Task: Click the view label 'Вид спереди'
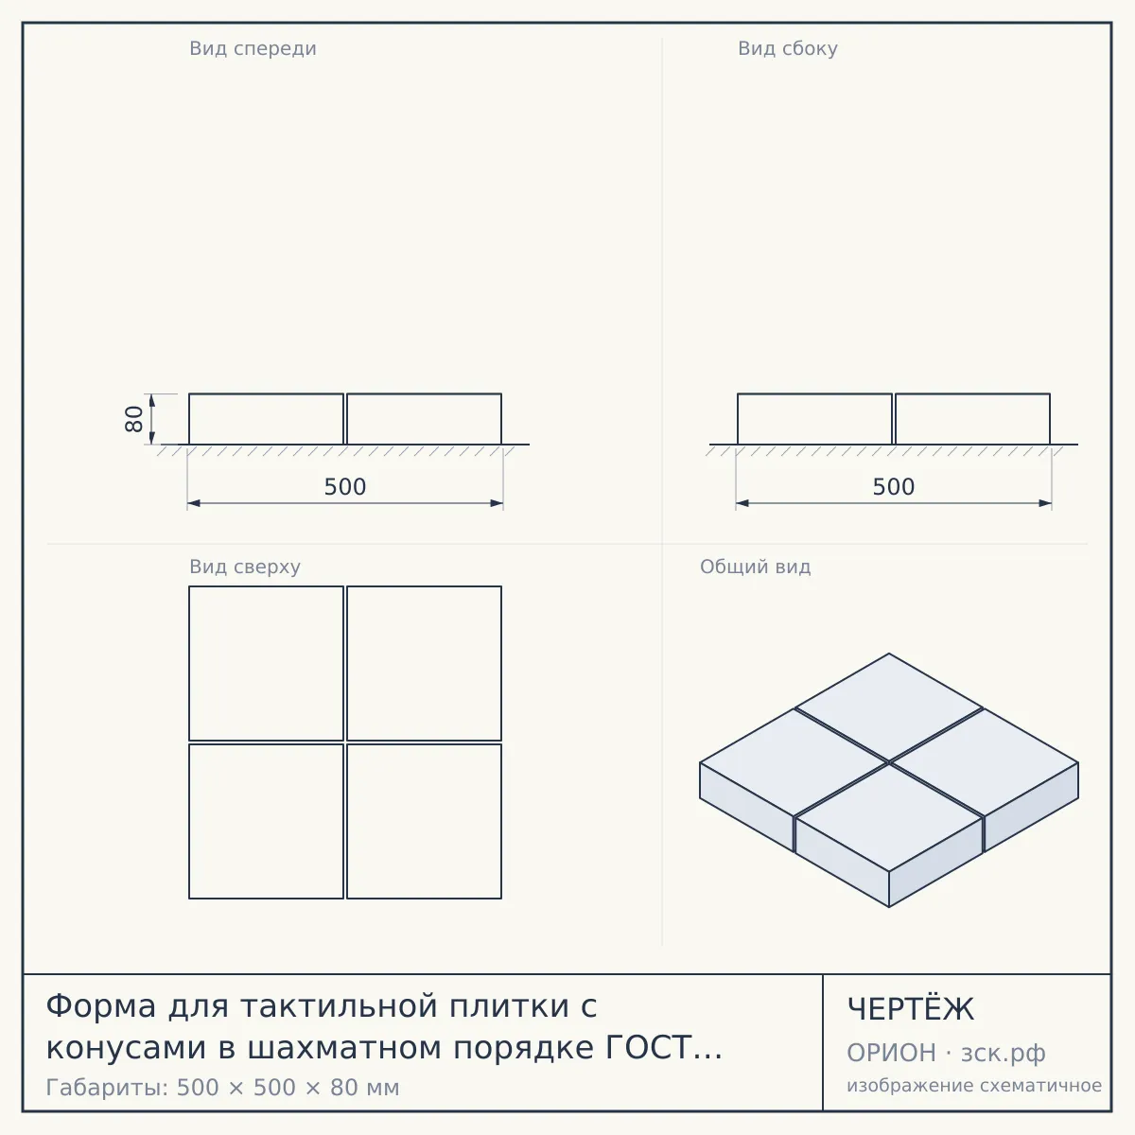[253, 49]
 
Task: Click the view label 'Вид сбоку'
[788, 49]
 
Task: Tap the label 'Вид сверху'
[245, 567]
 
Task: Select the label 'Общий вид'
[755, 567]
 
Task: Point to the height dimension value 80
[134, 419]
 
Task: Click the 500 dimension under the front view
[345, 487]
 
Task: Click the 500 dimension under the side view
[894, 487]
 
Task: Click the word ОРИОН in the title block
[891, 1053]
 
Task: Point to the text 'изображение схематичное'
[974, 1086]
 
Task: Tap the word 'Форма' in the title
[100, 1006]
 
